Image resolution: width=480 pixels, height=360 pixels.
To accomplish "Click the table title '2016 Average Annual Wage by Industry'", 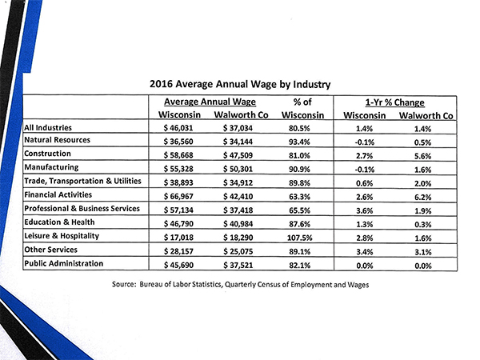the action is coord(240,84).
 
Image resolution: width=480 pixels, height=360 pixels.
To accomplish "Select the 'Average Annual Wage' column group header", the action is coord(210,102).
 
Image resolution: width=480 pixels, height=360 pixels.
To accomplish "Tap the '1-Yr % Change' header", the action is coord(395,102).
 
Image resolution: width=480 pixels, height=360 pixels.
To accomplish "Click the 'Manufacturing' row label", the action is coord(51,167).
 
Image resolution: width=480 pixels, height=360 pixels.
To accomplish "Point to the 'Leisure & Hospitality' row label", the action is coord(62,236).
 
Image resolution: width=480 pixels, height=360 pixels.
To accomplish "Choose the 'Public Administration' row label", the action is coord(64,263).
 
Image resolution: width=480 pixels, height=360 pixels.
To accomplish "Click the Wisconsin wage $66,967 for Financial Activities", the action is coord(178,197).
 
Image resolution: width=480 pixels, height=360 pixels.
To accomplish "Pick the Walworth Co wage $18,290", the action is coord(238,238).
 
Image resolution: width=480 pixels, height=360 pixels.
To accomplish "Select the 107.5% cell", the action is coord(300,238).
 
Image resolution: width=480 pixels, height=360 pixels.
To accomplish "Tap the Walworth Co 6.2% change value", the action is coord(422,198).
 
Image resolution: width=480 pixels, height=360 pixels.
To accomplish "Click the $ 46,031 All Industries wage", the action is coord(178,128).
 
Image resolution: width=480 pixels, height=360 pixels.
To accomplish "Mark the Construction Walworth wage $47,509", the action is coord(238,155).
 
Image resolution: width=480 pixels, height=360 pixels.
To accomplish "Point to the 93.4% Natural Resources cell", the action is coord(299,142).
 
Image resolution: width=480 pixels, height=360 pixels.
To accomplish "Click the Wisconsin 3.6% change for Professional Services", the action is coord(364,211).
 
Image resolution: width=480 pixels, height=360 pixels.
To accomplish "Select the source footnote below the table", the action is coord(240,285).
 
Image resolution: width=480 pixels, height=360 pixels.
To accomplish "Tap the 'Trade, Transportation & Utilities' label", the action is coord(82,182).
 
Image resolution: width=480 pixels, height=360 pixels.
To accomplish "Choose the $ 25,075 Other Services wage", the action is coord(238,252).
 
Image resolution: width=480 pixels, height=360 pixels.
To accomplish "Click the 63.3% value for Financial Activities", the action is coord(299,197).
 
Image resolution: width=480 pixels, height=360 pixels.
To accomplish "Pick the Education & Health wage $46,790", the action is coord(178,224).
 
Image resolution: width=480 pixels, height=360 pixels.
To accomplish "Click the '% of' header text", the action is coord(302,102).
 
